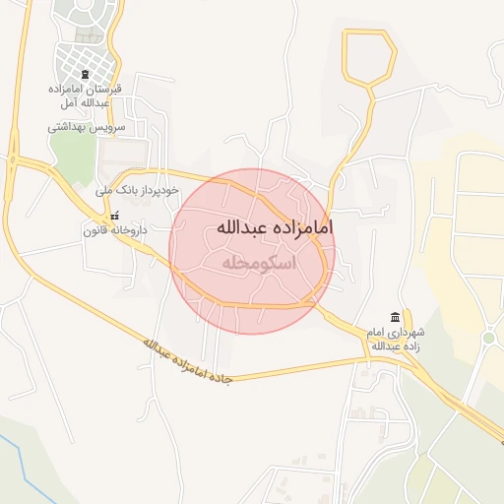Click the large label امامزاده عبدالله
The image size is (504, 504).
pos(274,226)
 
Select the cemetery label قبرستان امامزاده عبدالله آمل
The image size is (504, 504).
pos(84,95)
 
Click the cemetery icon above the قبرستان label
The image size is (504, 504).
pos(85,75)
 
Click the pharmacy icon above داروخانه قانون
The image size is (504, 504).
pos(115,216)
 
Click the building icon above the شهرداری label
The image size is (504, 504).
pos(395,316)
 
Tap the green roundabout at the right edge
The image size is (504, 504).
pos(488,339)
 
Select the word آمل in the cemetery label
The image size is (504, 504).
pos(59,102)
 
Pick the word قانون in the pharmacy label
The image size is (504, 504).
pos(96,229)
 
